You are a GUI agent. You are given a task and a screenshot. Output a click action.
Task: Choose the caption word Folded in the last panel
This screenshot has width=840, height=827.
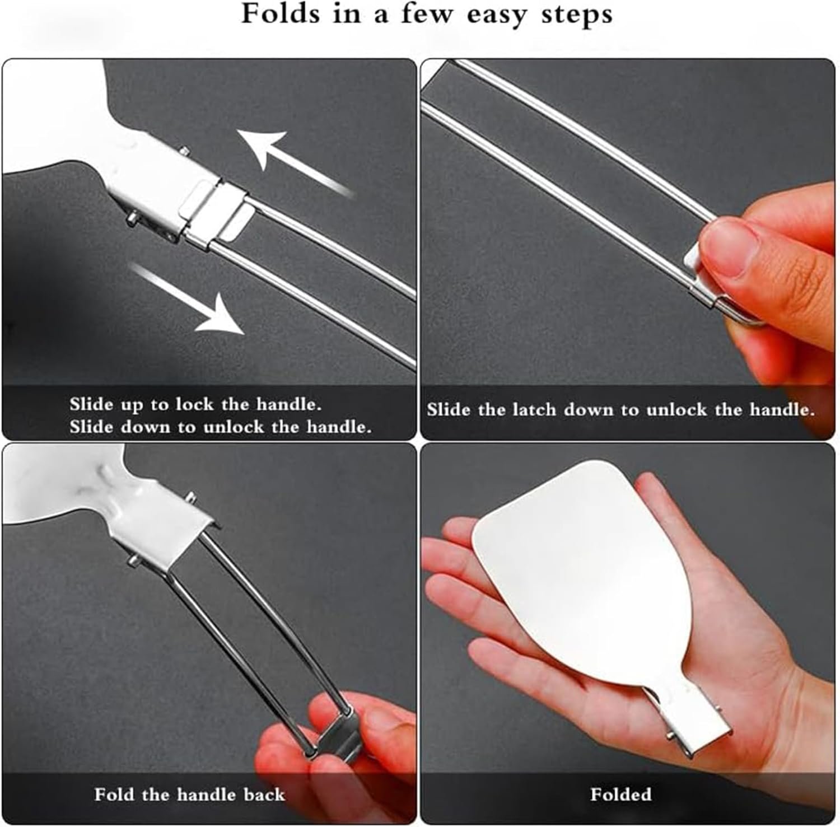620,795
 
